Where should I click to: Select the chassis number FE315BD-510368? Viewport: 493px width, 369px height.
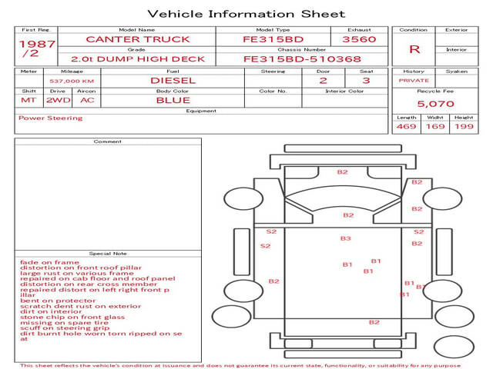point(301,58)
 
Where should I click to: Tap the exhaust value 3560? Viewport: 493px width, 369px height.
point(359,38)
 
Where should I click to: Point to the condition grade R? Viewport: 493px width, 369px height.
point(414,49)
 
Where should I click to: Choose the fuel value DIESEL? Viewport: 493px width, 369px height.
point(173,80)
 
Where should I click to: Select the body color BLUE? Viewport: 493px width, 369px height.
point(173,100)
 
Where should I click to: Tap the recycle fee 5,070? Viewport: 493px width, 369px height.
point(435,103)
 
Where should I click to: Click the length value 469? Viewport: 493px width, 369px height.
point(406,126)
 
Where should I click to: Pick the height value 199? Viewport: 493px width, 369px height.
point(464,126)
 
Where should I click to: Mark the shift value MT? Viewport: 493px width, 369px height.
point(29,100)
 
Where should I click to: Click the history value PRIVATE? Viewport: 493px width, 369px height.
point(414,81)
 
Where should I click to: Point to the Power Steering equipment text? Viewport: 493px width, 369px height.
point(50,118)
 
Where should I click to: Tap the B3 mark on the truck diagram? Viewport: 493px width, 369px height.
point(346,238)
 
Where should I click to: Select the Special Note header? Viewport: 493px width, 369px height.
point(108,253)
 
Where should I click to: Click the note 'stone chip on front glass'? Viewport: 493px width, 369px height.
point(72,317)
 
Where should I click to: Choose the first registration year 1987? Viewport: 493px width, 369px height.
point(37,44)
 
